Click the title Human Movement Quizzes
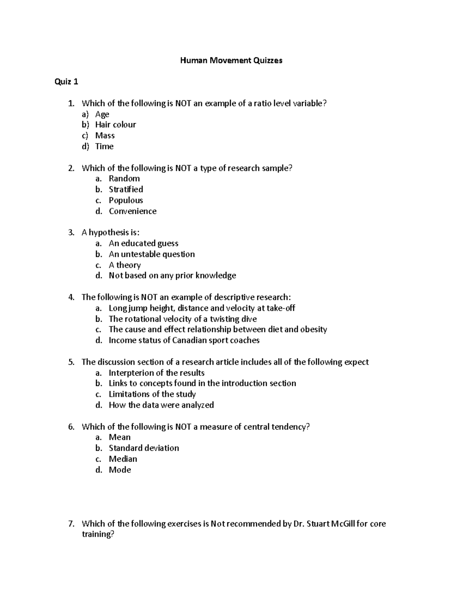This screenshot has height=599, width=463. pos(231,60)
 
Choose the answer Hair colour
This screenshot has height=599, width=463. pos(115,125)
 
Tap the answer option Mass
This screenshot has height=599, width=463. pos(105,135)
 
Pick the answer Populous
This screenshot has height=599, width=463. pos(126,200)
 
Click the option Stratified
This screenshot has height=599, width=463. pos(126,189)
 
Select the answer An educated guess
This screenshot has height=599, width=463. pos(143,243)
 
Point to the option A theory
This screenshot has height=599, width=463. pos(125,265)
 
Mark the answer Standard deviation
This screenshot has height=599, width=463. pos(144,448)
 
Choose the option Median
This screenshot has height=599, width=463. pos(123,459)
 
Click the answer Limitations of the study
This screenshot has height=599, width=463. pos(152,394)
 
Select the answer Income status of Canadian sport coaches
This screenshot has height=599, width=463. pos(184,340)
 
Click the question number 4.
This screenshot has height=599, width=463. pos(71,297)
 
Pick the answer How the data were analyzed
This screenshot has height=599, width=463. pos(161,405)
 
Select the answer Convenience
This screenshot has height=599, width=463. pos(132,211)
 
